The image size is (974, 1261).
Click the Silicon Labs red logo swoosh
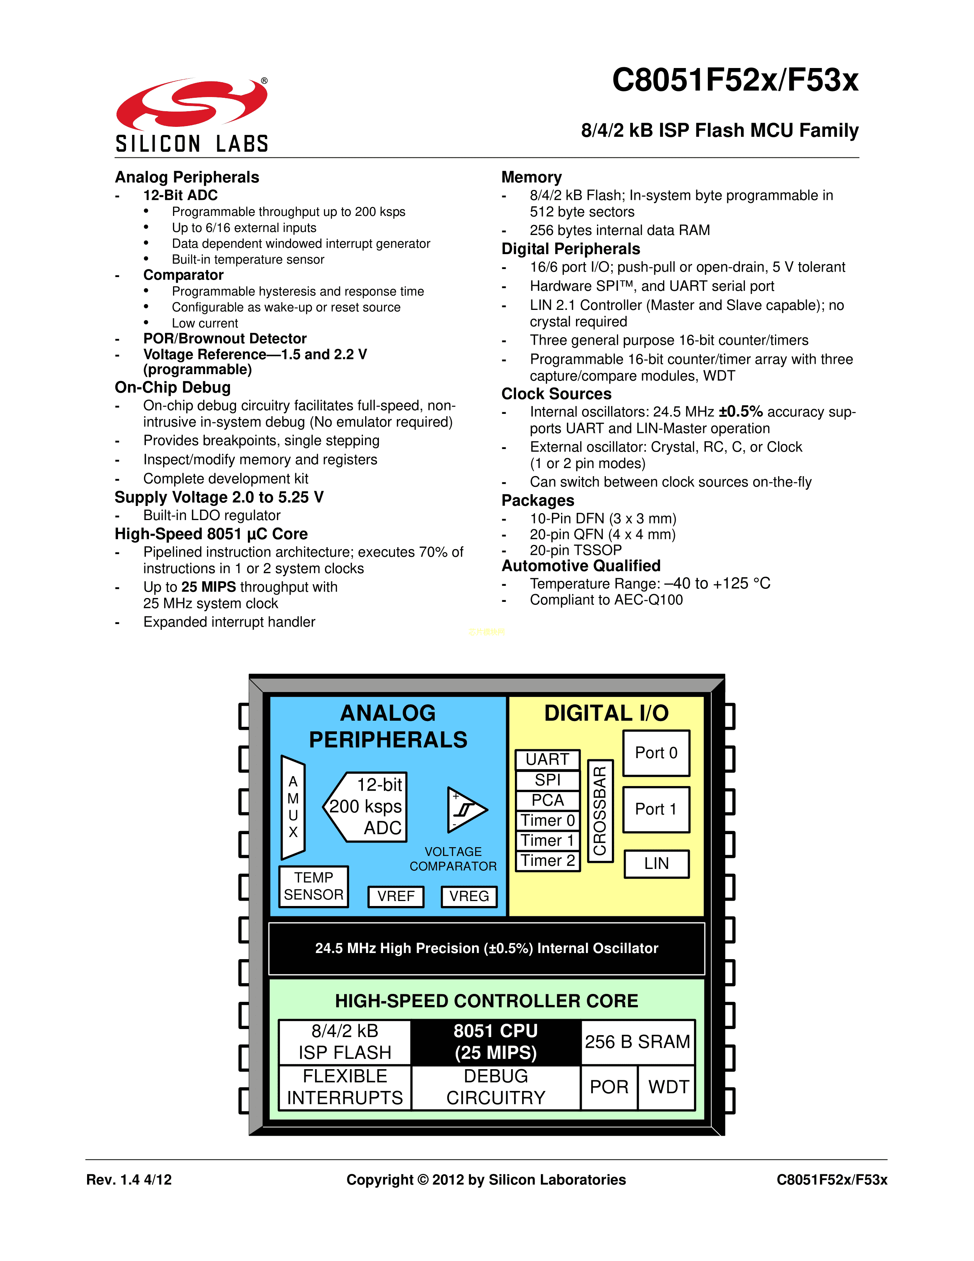(192, 103)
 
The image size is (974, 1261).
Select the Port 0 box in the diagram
(656, 753)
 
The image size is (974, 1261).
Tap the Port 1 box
(656, 809)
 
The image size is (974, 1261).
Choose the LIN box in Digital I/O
(656, 864)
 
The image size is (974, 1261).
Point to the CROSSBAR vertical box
(600, 810)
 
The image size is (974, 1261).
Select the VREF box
(396, 896)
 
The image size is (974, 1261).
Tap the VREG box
(469, 896)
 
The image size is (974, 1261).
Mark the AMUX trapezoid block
(293, 807)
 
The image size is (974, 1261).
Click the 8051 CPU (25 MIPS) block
(496, 1042)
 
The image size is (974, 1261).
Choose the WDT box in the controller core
(668, 1087)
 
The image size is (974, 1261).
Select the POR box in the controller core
(609, 1087)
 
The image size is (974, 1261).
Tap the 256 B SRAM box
(637, 1042)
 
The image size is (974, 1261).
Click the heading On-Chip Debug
(173, 387)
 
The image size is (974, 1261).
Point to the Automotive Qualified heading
(581, 566)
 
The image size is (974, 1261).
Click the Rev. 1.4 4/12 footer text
(129, 1180)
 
